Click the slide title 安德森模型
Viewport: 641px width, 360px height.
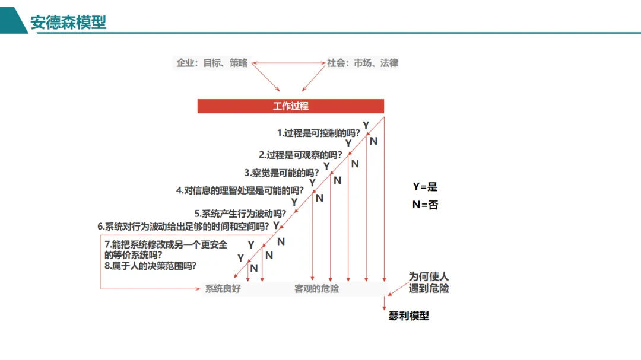(68, 23)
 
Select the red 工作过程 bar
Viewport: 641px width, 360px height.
(290, 106)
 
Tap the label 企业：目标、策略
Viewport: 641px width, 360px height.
(212, 63)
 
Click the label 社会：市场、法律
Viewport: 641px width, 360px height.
(363, 63)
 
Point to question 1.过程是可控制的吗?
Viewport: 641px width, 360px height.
(319, 133)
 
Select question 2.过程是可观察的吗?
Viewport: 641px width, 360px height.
(300, 155)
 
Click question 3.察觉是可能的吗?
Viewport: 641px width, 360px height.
(281, 173)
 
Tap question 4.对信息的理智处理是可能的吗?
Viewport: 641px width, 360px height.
(240, 190)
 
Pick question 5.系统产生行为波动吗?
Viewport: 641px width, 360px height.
(240, 213)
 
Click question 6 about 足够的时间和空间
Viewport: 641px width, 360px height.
(183, 227)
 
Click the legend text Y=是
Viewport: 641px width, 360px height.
(425, 187)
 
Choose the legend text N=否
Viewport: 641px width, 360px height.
(425, 205)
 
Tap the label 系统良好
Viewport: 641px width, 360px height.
(223, 289)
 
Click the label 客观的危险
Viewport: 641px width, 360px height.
(316, 289)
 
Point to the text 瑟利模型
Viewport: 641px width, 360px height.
(408, 316)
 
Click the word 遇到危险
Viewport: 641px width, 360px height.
(429, 289)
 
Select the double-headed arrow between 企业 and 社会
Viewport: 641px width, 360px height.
(289, 62)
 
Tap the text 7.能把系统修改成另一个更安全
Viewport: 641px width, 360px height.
(166, 244)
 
